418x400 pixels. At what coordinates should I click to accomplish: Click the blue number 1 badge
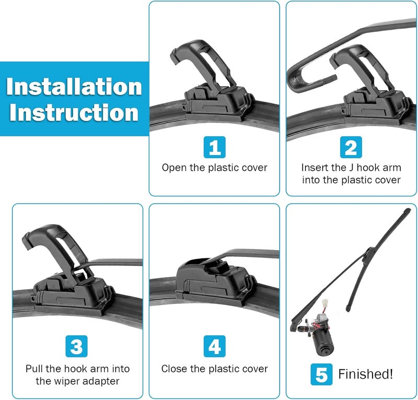coord(215,147)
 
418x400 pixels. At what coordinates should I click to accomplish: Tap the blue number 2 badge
coord(351,147)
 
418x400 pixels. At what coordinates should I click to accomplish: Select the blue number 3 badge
coord(76,346)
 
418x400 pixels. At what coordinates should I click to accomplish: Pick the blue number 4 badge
coord(215,346)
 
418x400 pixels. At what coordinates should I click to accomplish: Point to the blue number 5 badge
coord(321,374)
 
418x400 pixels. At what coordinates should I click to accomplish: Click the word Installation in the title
coord(74,87)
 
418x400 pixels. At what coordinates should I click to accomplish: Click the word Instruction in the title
coord(74,112)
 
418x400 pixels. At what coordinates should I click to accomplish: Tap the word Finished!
coord(365,374)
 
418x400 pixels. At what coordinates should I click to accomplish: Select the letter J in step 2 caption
coord(351,168)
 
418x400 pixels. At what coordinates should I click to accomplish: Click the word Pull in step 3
coord(34,369)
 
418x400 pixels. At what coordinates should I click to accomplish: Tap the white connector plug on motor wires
coord(324,303)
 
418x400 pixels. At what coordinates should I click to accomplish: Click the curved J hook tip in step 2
coord(292,79)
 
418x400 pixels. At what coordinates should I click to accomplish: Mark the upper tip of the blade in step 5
coord(408,210)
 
